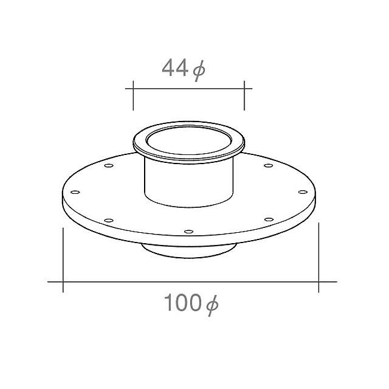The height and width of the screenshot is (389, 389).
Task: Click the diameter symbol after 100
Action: click(x=212, y=303)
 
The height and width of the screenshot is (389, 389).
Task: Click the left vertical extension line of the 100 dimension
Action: click(x=63, y=258)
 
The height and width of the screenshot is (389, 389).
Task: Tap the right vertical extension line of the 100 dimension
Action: click(x=318, y=258)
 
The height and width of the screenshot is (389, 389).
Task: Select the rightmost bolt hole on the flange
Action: click(x=302, y=192)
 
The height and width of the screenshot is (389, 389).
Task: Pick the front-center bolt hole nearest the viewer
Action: click(x=188, y=232)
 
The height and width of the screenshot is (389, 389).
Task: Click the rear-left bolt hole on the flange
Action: click(x=109, y=166)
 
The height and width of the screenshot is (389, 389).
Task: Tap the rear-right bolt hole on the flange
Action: click(x=268, y=166)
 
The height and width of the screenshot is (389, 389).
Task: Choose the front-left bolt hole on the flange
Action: click(x=109, y=219)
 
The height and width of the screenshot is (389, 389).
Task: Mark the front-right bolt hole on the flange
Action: click(x=268, y=219)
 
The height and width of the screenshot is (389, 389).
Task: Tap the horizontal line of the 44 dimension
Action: click(x=188, y=89)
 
